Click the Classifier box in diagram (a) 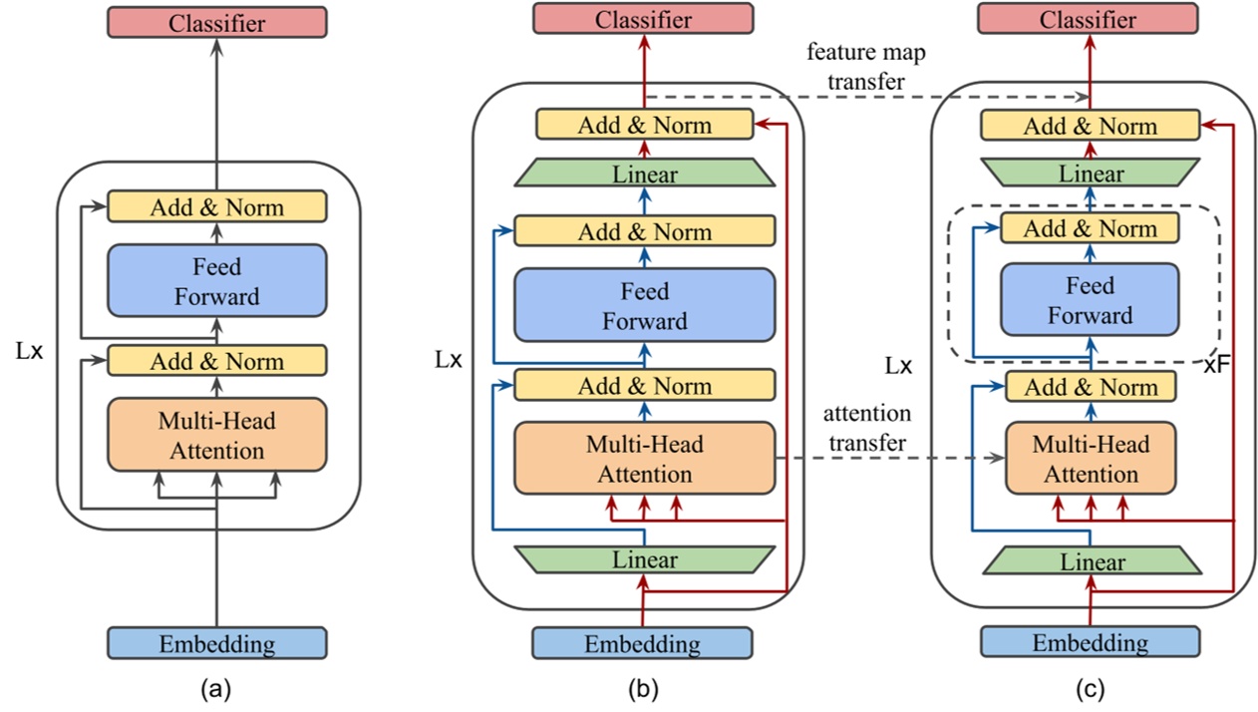216,22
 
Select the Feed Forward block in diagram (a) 216,282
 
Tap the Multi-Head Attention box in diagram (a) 216,436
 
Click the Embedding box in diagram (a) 216,643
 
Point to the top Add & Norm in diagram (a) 216,207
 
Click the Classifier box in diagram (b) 643,20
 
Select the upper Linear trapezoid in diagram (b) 643,174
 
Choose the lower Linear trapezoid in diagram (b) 643,559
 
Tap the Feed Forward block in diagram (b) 643,307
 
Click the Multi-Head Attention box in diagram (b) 643,459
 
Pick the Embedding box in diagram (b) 643,643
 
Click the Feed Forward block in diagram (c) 1090,301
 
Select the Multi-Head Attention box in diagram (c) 1090,459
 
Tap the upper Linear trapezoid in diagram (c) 1090,173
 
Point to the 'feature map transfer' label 856,66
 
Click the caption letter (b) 643,688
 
